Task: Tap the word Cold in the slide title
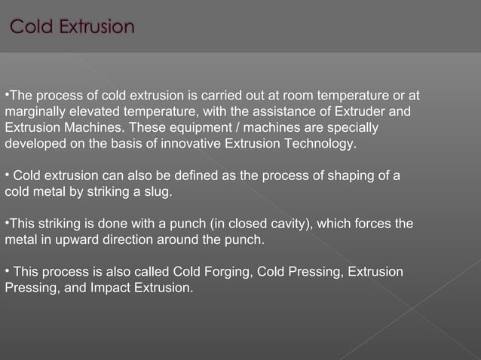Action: (x=32, y=28)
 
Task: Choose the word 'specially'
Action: (x=352, y=128)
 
